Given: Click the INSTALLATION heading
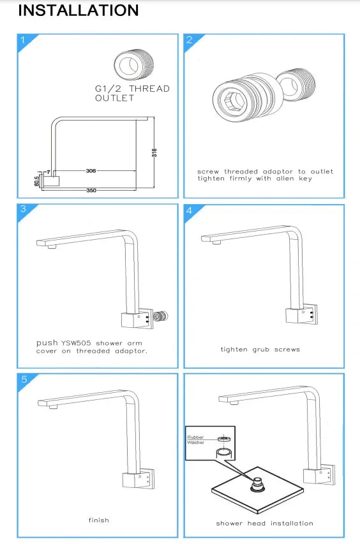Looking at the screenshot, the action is tap(79, 10).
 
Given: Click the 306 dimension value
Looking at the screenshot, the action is tap(91, 171).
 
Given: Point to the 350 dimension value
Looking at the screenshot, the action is tap(91, 191).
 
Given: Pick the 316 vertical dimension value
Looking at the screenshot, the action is tap(154, 152).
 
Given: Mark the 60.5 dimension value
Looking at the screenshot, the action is tap(37, 180).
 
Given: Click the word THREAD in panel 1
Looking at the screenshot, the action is tap(149, 89).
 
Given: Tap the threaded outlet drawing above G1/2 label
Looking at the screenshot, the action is tap(134, 64).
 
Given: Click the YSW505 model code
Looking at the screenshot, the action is tap(76, 343).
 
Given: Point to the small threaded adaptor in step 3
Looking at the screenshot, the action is tap(161, 316).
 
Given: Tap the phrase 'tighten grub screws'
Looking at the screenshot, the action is tap(260, 349).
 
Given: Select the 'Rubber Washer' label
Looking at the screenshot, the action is tap(196, 440).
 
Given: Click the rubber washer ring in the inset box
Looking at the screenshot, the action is tap(224, 439).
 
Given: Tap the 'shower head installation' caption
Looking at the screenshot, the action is tap(264, 523).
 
